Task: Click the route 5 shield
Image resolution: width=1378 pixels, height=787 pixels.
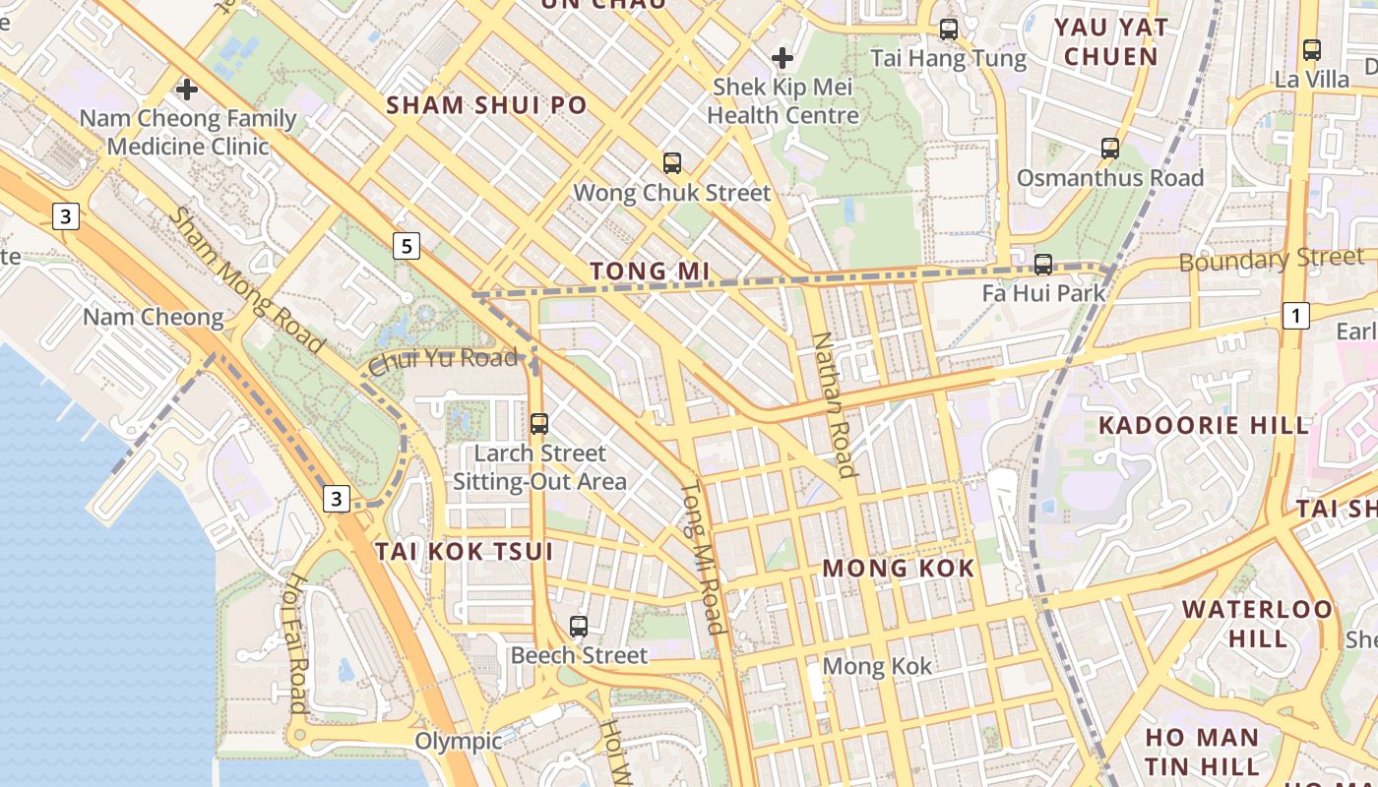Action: point(407,246)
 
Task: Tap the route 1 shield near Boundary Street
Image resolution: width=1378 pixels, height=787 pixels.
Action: point(1297,316)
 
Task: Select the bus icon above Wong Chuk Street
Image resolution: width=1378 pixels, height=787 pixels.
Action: point(672,163)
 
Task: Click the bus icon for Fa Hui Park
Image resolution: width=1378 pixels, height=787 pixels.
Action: point(1043,265)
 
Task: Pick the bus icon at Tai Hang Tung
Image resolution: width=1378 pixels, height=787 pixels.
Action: point(949,30)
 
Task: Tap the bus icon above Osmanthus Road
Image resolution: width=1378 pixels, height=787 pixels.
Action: point(1110,149)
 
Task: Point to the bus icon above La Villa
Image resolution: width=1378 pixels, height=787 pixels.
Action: point(1312,50)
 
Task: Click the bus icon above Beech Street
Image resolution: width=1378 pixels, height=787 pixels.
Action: point(579,627)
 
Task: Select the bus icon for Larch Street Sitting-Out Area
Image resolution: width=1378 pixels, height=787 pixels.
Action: point(539,424)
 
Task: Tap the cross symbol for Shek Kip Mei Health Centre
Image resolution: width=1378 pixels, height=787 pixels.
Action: point(783,58)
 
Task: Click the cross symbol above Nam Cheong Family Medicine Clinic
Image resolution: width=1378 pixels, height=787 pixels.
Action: point(186,91)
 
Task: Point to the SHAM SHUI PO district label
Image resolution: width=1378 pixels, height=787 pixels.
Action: point(486,105)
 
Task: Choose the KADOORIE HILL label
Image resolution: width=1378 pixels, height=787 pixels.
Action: point(1204,426)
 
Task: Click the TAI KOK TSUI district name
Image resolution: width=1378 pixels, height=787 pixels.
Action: point(464,551)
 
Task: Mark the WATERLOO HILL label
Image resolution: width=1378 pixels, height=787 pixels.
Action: point(1257,623)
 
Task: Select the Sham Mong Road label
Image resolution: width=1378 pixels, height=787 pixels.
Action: point(245,280)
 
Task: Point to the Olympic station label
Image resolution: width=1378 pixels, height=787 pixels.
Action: point(458,741)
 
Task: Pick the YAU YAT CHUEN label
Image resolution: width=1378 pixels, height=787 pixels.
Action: point(1110,41)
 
